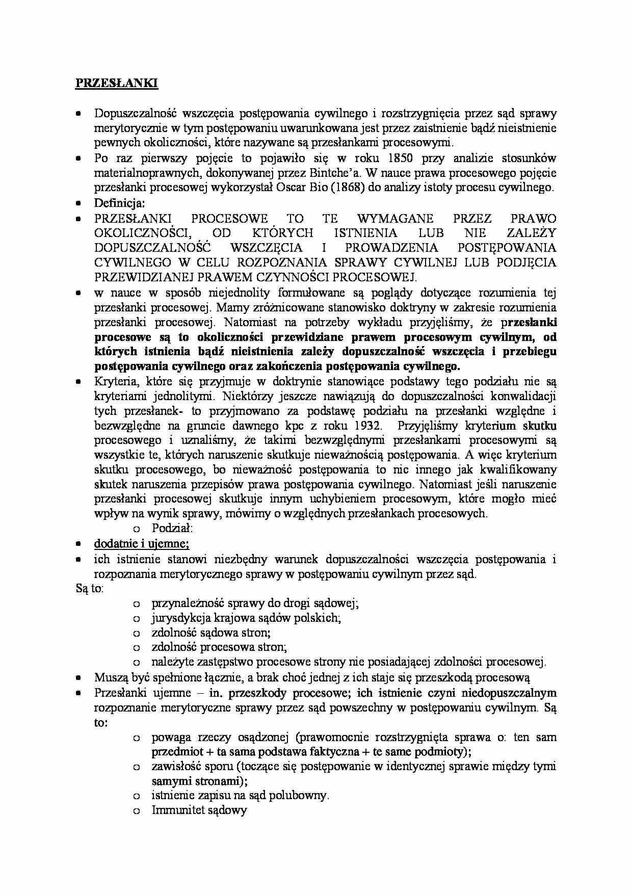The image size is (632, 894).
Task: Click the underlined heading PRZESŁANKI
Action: tap(117, 84)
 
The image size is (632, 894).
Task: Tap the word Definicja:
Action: tap(120, 203)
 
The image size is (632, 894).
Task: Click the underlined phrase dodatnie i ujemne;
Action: tap(142, 544)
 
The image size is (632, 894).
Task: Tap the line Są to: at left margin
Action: tap(90, 589)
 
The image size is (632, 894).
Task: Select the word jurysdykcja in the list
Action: tap(178, 618)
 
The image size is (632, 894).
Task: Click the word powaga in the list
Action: tap(171, 737)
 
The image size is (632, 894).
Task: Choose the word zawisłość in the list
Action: tap(174, 766)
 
